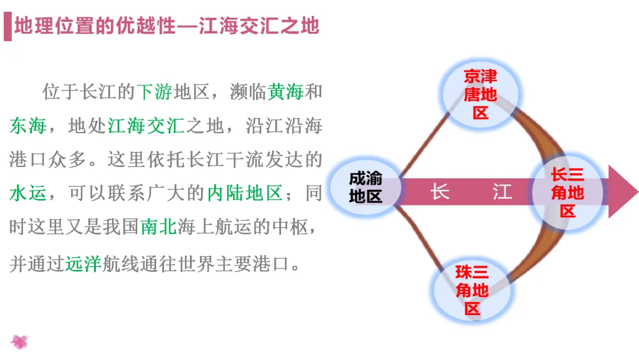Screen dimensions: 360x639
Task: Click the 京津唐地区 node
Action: pos(480,95)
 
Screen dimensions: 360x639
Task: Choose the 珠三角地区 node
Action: pos(472,291)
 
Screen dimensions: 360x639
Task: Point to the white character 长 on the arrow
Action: pos(440,192)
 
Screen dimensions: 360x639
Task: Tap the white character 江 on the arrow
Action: pos(502,192)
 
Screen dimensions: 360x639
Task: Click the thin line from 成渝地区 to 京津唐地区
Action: pos(425,145)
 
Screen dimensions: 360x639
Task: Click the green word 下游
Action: pos(155,92)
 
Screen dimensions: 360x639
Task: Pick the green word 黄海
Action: pos(286,92)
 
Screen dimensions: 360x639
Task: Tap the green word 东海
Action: pos(28,126)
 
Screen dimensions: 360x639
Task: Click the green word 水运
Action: pos(28,194)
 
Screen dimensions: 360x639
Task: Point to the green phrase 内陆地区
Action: pos(244,194)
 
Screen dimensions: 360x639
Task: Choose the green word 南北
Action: pos(159,227)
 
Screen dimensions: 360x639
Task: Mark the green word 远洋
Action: pos(83,263)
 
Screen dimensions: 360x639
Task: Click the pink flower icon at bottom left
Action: pos(20,342)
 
